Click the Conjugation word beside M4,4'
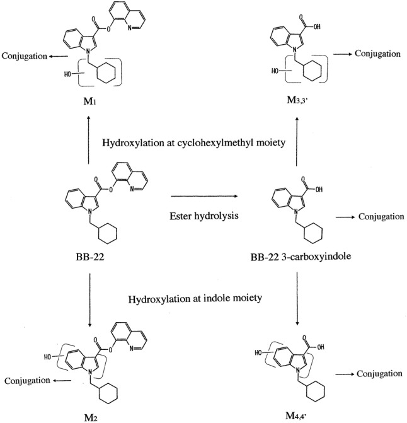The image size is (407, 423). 379,374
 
